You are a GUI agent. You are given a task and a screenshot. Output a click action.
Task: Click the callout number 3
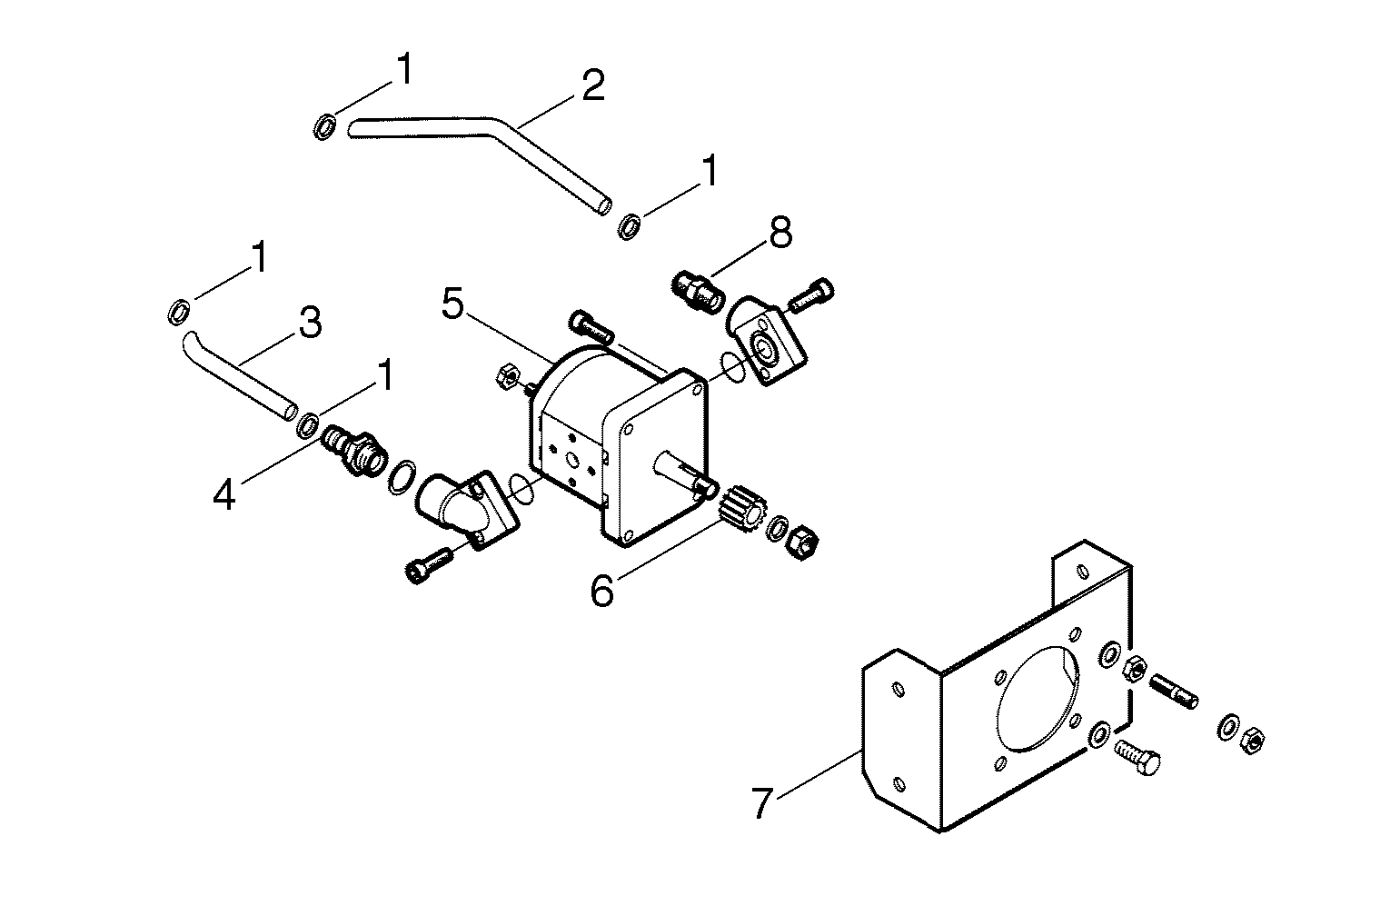(x=310, y=322)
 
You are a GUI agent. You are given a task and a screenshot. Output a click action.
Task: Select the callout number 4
(x=224, y=494)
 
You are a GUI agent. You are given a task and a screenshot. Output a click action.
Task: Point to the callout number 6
(x=601, y=591)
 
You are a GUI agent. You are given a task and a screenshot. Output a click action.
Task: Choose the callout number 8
(x=779, y=233)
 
